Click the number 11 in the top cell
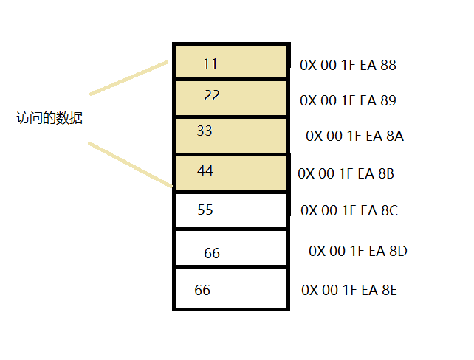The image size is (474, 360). tap(210, 63)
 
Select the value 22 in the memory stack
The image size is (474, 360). tap(212, 96)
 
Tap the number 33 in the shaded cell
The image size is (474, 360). tap(205, 131)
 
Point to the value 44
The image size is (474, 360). tap(205, 170)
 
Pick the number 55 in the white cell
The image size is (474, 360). tap(205, 210)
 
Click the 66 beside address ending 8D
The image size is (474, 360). tap(212, 253)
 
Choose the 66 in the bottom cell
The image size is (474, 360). tap(202, 290)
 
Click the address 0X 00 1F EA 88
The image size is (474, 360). tap(348, 65)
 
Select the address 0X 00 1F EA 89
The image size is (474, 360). tap(348, 100)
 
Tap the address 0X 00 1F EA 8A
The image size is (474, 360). tap(354, 136)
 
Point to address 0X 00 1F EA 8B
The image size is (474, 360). tap(346, 173)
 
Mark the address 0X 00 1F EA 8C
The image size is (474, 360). tap(349, 210)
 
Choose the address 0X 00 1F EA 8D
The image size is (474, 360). tap(358, 251)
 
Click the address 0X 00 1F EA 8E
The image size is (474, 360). tap(349, 290)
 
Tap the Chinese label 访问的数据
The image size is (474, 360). tap(49, 118)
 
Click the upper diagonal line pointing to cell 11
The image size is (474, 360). tap(129, 78)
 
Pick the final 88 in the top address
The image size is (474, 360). tap(388, 65)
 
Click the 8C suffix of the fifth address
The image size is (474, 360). tap(389, 210)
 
